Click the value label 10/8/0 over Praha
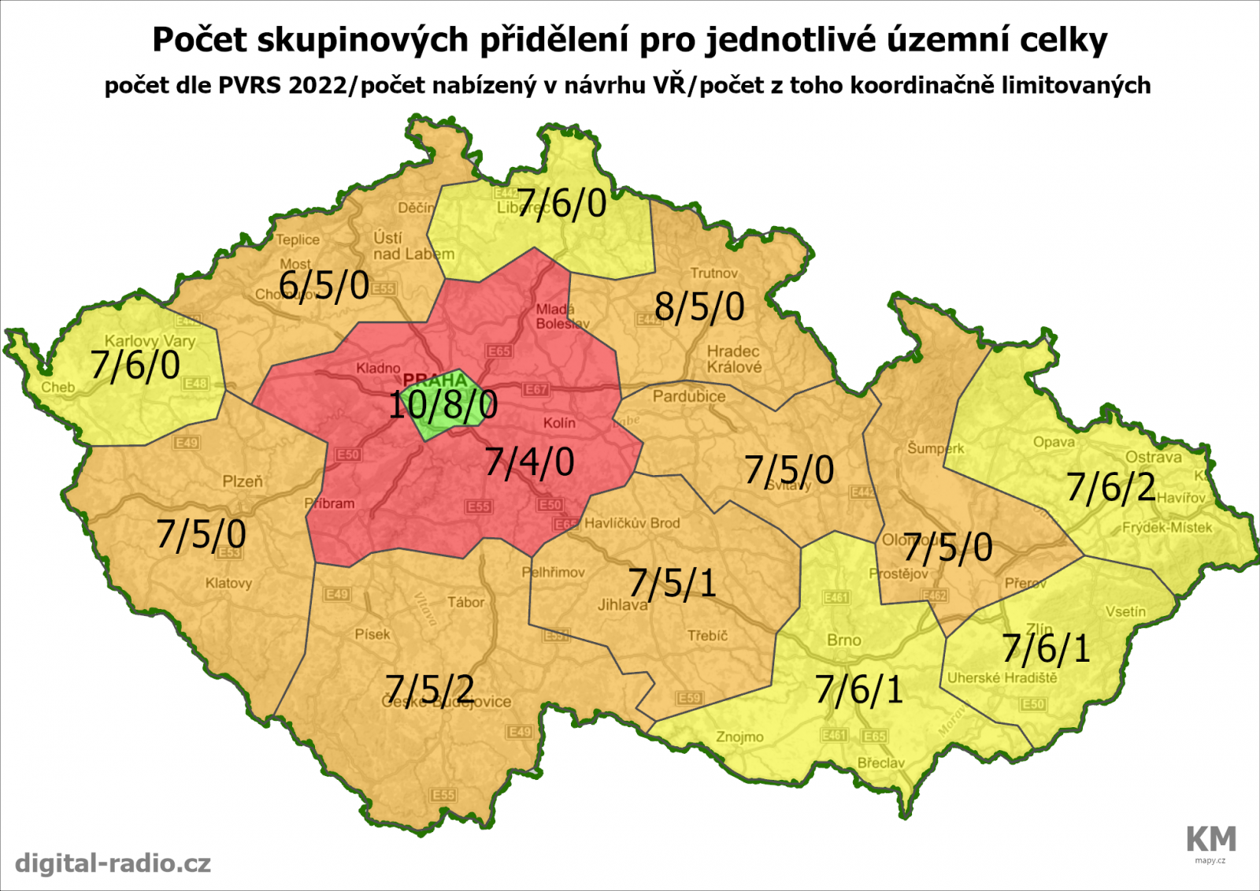point(443,405)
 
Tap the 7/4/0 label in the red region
point(529,462)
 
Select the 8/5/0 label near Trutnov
point(699,306)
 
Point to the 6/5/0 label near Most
point(324,284)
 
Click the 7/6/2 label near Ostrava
point(1111,488)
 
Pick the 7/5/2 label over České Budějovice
point(430,689)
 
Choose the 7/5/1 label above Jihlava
point(673,584)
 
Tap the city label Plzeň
point(243,481)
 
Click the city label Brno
point(843,640)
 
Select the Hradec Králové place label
point(734,358)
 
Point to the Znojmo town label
point(739,737)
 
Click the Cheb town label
point(58,388)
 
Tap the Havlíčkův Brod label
point(632,523)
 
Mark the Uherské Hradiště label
point(1002,678)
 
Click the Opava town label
point(1054,442)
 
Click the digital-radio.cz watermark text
point(113,863)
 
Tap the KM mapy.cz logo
point(1210,842)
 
